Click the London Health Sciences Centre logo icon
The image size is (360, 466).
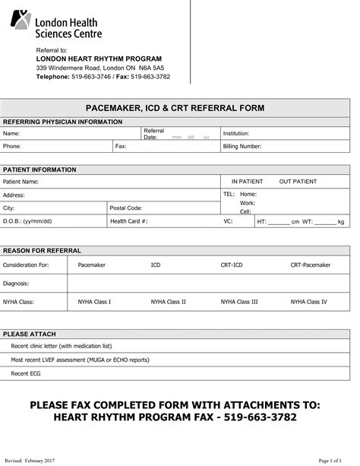tap(21, 20)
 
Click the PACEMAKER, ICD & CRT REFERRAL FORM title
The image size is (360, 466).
tap(175, 108)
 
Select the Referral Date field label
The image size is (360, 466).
tap(154, 133)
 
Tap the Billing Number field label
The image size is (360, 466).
tap(242, 146)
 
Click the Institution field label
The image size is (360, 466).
tap(236, 133)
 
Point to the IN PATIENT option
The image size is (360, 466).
tap(247, 182)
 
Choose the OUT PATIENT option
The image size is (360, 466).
tap(298, 182)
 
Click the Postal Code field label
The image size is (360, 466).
tap(126, 208)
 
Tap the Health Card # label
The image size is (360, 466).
tap(129, 221)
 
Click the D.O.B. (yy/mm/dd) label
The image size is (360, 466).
tap(27, 221)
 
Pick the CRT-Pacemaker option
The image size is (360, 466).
tap(311, 265)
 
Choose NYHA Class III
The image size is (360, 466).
tap(239, 301)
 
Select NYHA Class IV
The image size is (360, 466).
tap(309, 301)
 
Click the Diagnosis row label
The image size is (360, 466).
tap(16, 283)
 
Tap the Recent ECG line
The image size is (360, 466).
tap(26, 373)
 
